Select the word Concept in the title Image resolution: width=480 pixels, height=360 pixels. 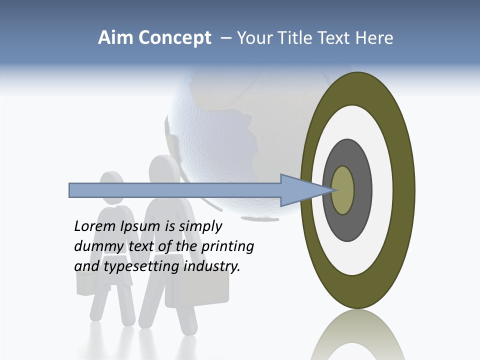pos(174,38)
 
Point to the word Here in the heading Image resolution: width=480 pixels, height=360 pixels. pos(374,38)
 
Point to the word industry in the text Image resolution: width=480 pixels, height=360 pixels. pos(212,266)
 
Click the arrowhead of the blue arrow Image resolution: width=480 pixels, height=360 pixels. pos(305,190)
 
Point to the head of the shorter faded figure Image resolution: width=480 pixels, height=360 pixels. pos(111,184)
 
